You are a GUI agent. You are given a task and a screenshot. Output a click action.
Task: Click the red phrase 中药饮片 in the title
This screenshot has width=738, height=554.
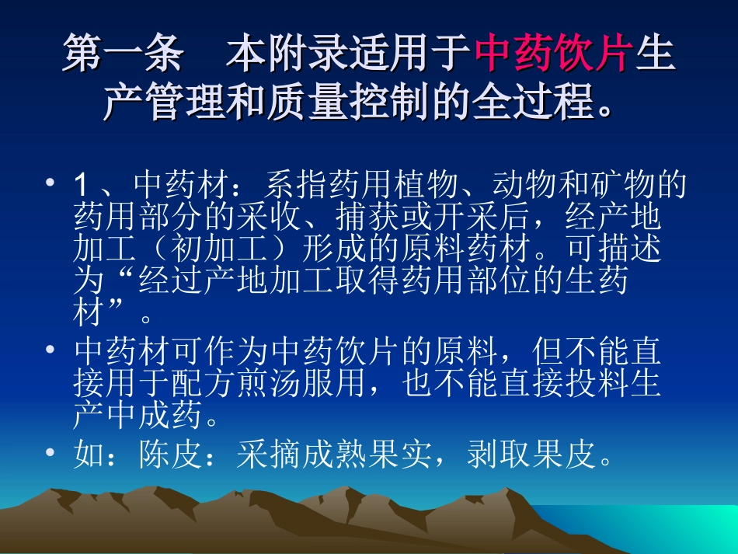[552, 57]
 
